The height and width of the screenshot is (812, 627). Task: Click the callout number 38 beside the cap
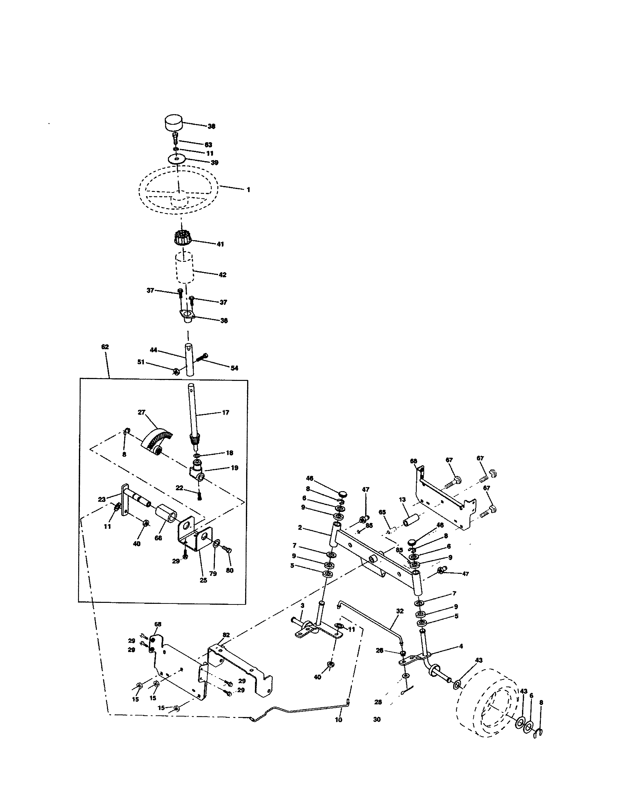click(x=211, y=126)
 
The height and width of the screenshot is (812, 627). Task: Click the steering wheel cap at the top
click(x=173, y=123)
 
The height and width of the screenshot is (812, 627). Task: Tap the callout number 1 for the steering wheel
click(x=248, y=190)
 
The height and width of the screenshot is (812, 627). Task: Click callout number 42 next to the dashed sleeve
click(x=222, y=275)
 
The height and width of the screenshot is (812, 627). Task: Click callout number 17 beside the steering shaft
click(x=225, y=412)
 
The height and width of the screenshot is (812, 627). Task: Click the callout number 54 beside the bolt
click(x=234, y=368)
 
